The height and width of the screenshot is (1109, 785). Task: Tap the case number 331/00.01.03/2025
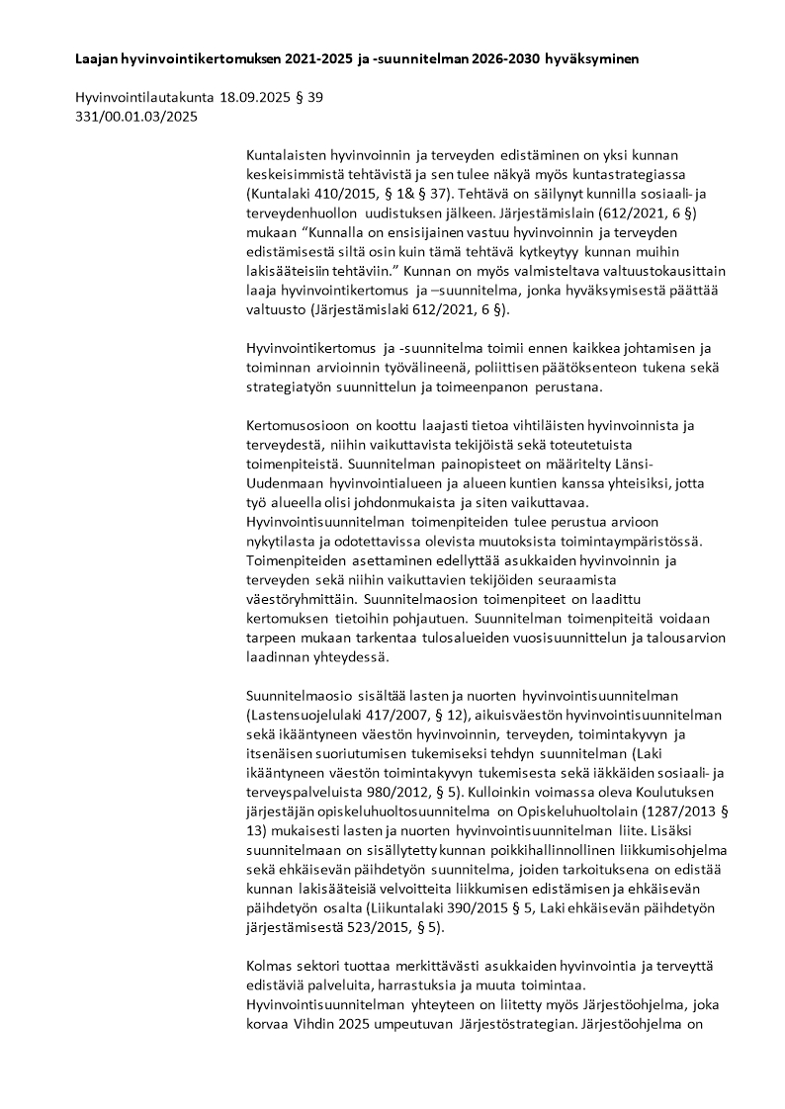[x=136, y=117]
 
